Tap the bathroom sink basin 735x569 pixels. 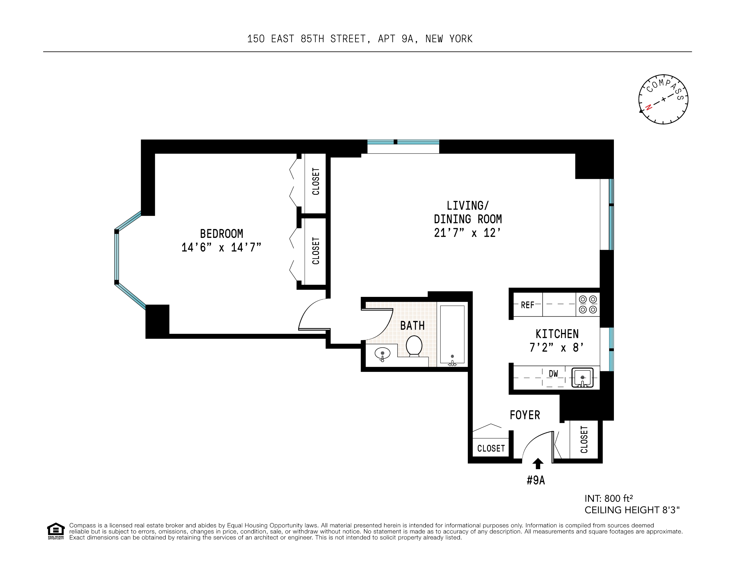coord(382,354)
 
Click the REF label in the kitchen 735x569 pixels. coord(527,305)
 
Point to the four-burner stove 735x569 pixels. coord(588,304)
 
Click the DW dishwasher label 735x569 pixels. coord(553,374)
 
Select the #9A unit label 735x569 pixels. coord(536,480)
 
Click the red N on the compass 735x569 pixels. coord(648,107)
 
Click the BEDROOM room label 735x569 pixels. coord(221,234)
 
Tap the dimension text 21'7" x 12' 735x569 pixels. coord(468,233)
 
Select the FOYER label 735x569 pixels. coord(525,415)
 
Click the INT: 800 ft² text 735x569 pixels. coord(609,498)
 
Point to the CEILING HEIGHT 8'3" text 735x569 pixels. coord(632,510)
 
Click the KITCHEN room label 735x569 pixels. coord(557,334)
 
